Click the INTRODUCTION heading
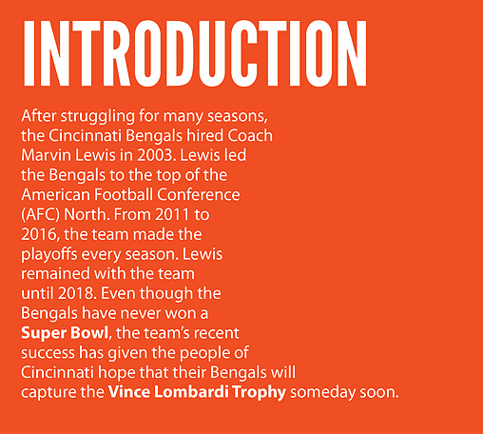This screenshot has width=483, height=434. [x=195, y=53]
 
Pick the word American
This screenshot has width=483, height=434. [x=55, y=195]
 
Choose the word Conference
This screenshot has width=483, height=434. [x=199, y=195]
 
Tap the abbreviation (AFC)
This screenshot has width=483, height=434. [x=40, y=215]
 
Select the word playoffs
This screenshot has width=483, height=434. [x=49, y=255]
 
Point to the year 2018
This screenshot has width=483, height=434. [x=77, y=293]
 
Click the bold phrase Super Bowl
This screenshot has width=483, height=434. [x=65, y=333]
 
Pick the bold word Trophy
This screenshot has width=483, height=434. [x=259, y=393]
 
